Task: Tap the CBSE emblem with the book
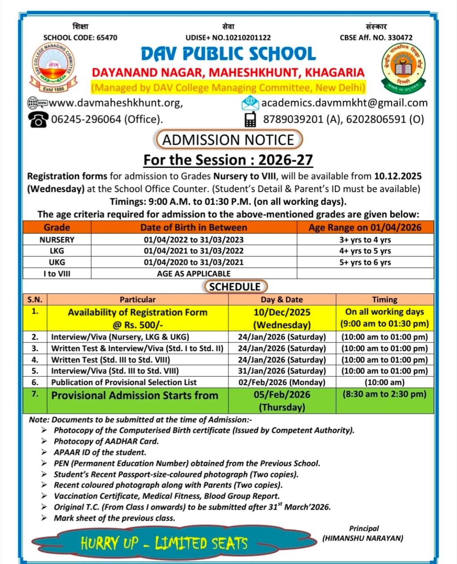click(404, 68)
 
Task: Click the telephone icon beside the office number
click(39, 119)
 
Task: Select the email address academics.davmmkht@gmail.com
click(344, 103)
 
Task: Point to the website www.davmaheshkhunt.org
click(115, 103)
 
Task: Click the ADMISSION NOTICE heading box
click(228, 140)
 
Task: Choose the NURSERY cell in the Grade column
click(57, 240)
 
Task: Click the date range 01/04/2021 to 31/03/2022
click(194, 251)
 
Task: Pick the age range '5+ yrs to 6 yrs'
click(365, 262)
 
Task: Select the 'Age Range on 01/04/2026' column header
click(365, 227)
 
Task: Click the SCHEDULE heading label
click(235, 287)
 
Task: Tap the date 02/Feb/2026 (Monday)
click(282, 382)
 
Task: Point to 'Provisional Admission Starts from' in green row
click(135, 395)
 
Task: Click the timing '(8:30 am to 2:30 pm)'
click(384, 394)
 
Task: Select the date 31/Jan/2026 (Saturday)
click(282, 371)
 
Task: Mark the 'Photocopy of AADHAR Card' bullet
click(106, 441)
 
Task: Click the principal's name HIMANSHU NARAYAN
click(363, 538)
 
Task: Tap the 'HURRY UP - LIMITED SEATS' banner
click(164, 543)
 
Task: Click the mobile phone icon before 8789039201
click(250, 119)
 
